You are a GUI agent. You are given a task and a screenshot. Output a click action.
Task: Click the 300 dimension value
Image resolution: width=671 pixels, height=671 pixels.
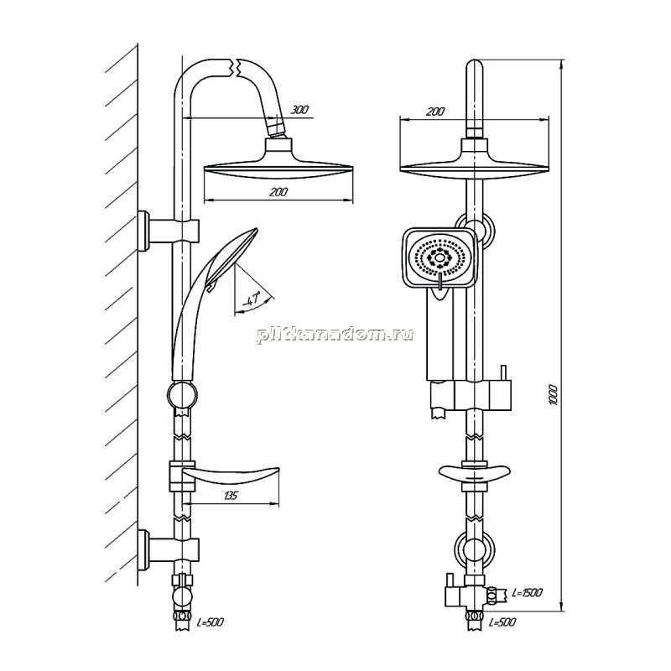(299, 110)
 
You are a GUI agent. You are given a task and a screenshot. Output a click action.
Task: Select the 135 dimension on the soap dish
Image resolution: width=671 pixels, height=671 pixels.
(230, 496)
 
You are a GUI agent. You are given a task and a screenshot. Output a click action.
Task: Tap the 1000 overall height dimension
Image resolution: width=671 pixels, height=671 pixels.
(554, 395)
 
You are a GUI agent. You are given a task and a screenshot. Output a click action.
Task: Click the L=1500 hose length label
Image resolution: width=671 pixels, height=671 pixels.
(528, 593)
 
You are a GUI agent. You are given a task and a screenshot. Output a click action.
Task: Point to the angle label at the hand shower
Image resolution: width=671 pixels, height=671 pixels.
(252, 299)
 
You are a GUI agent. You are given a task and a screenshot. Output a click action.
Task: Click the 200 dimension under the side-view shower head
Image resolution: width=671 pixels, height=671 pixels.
(278, 192)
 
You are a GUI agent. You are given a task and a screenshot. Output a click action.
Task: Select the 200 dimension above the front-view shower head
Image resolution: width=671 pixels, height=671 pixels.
(435, 112)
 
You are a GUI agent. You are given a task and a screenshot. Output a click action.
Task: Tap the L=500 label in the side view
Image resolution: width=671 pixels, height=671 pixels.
(211, 622)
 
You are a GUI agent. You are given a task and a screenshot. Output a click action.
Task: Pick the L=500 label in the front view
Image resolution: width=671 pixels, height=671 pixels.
(502, 622)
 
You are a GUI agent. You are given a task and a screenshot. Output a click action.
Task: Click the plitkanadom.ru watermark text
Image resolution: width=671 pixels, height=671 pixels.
(335, 335)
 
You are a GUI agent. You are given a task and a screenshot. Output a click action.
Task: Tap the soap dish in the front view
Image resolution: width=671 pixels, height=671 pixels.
(475, 473)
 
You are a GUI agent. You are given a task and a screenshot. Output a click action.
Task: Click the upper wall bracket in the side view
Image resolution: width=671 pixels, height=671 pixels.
(169, 231)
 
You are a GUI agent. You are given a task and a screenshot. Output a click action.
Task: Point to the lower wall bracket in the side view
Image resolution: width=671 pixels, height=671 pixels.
(169, 549)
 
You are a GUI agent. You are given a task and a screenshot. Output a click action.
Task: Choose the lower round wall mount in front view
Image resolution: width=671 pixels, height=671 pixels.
(475, 549)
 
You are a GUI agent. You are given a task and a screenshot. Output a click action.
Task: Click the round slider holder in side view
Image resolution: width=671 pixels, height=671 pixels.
(183, 394)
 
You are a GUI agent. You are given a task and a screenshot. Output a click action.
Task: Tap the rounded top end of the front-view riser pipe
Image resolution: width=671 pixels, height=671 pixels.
(475, 65)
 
